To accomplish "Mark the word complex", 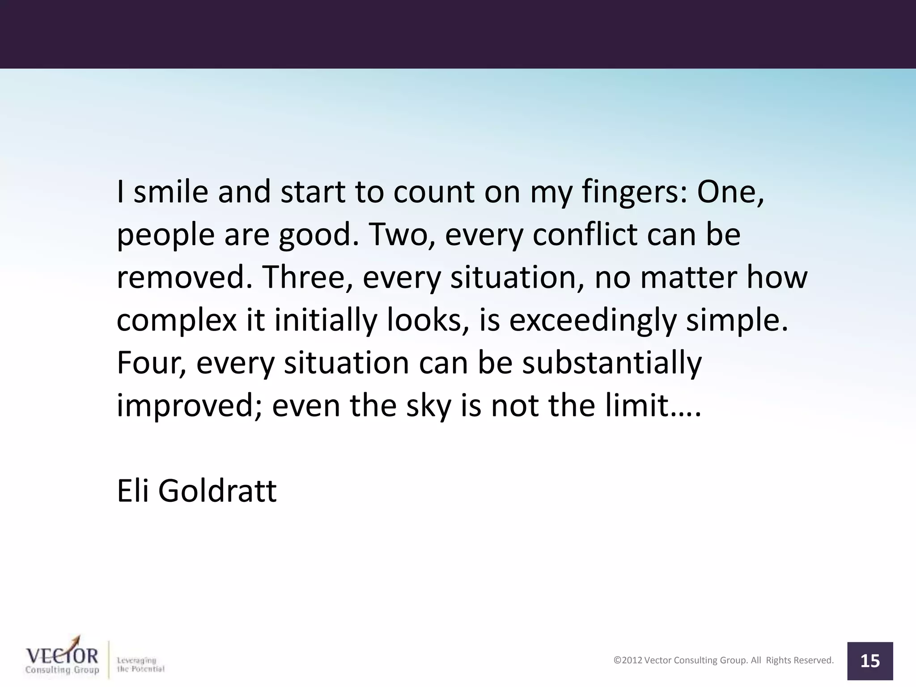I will [x=176, y=320].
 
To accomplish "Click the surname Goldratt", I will [x=217, y=491].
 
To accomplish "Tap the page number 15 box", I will [x=870, y=661].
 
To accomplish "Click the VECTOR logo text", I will [x=62, y=656].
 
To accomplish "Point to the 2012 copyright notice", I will [x=723, y=660].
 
